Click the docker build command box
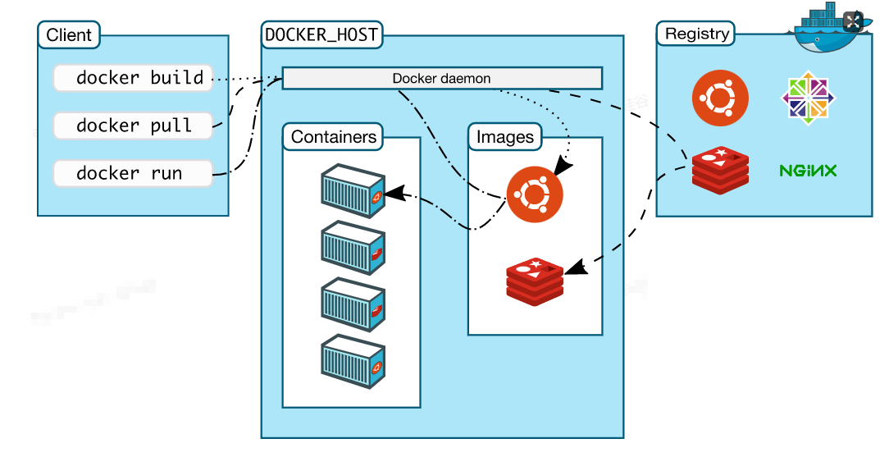click(x=133, y=78)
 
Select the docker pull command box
click(x=133, y=126)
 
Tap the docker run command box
click(x=133, y=173)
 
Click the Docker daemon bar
click(x=442, y=78)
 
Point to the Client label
click(x=69, y=35)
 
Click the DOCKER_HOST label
click(x=321, y=35)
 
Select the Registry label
click(x=697, y=34)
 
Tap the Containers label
click(x=333, y=137)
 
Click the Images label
click(x=504, y=137)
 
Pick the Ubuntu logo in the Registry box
click(x=720, y=98)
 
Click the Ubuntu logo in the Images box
click(x=535, y=194)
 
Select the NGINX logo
click(x=808, y=171)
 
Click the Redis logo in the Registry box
click(x=720, y=170)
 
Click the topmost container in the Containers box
click(x=353, y=191)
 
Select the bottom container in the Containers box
click(x=353, y=361)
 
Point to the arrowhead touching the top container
click(x=395, y=194)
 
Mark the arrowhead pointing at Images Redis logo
click(x=576, y=267)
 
